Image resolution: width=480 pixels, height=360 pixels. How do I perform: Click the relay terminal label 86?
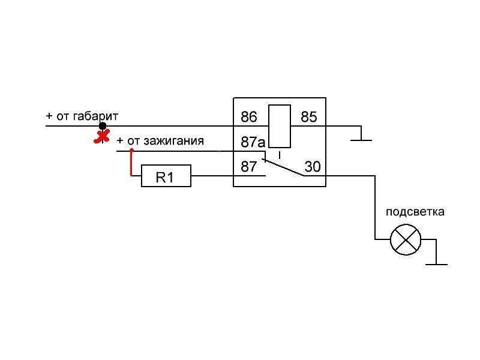(x=248, y=117)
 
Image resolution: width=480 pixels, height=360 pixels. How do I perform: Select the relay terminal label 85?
(x=308, y=117)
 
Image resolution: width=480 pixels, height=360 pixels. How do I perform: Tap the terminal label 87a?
(x=253, y=142)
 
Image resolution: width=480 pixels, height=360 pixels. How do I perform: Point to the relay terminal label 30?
(x=312, y=166)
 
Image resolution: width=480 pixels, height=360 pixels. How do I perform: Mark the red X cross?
(x=103, y=137)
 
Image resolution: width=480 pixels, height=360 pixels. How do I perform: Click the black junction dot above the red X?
(x=103, y=126)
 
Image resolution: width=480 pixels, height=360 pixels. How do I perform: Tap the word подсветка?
(x=415, y=212)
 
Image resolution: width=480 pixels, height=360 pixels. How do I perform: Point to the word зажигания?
(x=174, y=141)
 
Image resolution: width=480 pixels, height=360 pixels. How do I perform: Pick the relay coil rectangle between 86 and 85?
(x=280, y=125)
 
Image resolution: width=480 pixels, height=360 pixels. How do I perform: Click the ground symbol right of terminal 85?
(x=361, y=138)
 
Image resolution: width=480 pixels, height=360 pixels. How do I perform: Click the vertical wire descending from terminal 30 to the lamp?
(x=376, y=207)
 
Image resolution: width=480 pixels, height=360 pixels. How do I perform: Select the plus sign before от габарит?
(x=49, y=116)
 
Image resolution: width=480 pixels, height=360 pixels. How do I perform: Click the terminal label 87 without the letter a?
(x=249, y=167)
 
